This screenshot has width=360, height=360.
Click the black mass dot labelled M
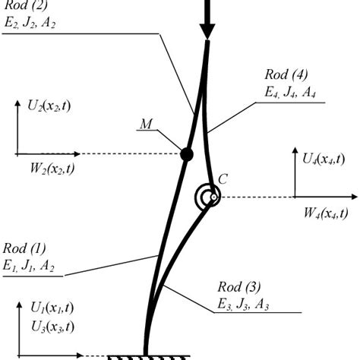186,155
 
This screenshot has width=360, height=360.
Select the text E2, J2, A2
30,23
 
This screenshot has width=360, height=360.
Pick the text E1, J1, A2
30,267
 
